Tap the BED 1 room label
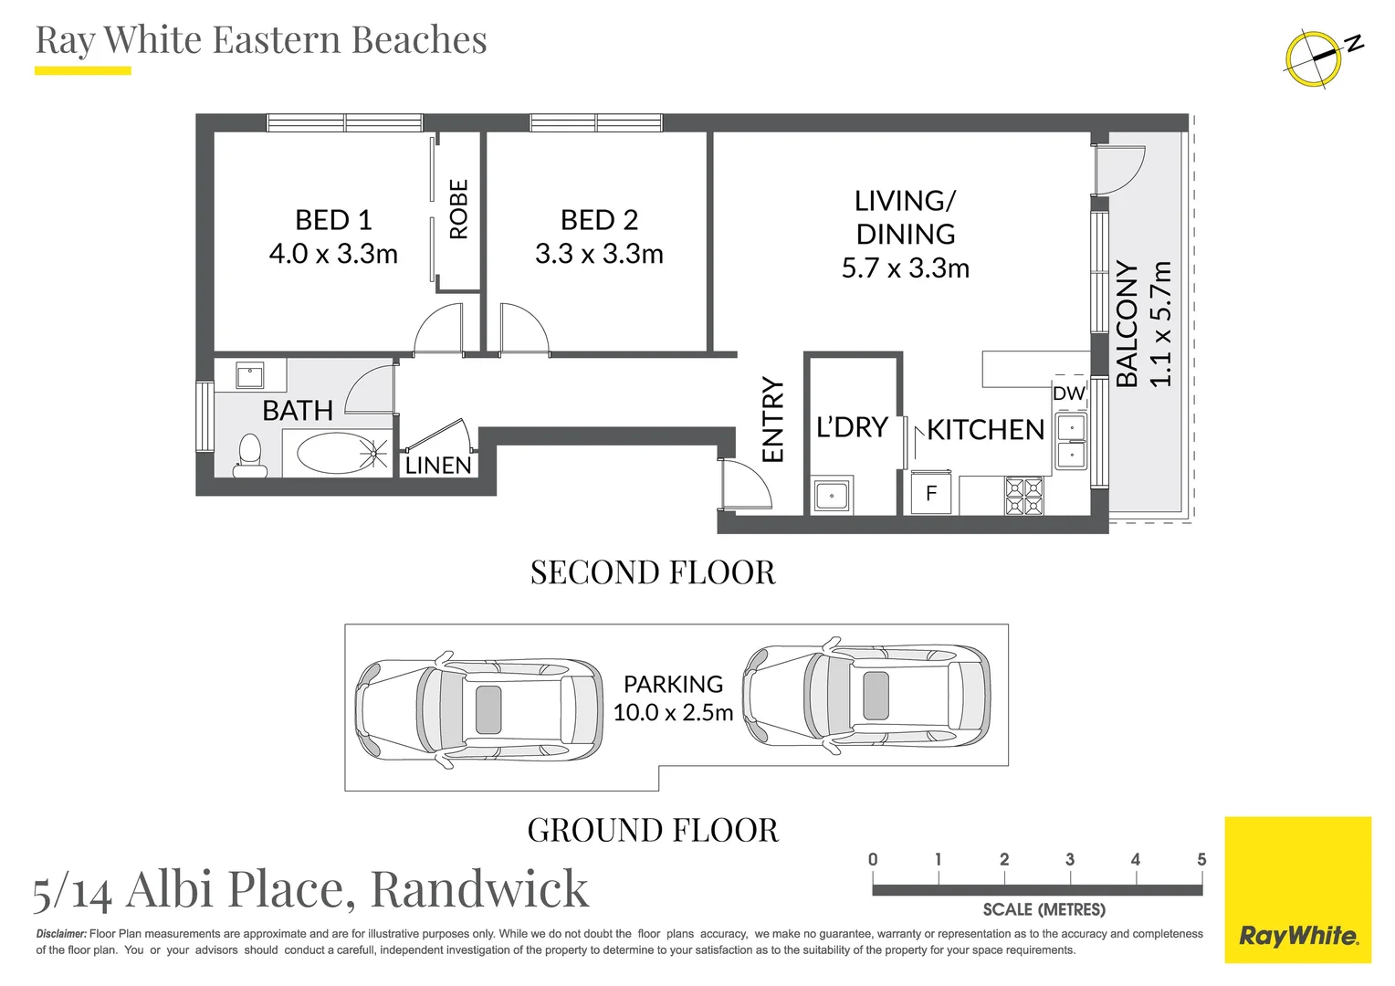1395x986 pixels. (333, 220)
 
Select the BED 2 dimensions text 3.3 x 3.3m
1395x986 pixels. (599, 254)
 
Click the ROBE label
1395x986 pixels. (459, 209)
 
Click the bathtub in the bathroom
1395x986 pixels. (335, 453)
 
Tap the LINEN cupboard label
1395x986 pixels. (438, 466)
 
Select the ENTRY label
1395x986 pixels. (773, 420)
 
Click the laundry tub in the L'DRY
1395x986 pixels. (832, 496)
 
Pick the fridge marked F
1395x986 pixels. (931, 493)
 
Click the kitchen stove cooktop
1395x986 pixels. (1024, 496)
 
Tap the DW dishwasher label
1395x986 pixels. (1069, 393)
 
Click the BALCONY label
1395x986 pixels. (1128, 325)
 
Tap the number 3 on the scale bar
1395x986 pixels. (1070, 859)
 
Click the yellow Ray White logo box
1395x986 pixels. (1297, 889)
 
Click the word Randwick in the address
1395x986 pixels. (479, 888)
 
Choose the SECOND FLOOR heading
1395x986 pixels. (653, 572)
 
